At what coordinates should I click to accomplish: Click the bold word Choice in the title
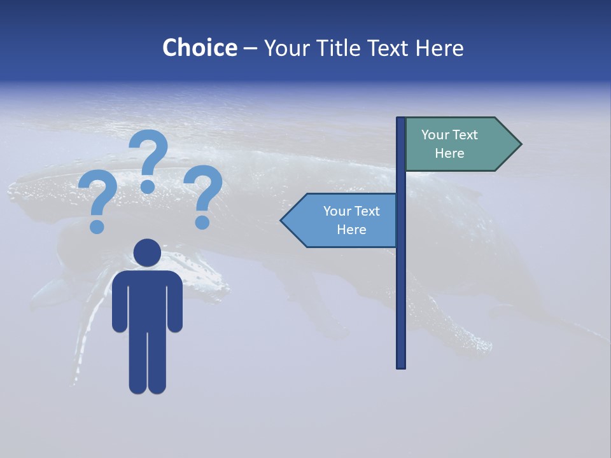coord(199,48)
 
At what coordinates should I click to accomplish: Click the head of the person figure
coord(147,253)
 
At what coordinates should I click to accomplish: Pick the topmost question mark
coord(149,156)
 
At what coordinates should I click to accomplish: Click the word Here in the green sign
coord(449,153)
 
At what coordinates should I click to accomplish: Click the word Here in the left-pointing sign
coord(351,230)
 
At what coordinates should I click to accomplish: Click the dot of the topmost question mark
coord(148,186)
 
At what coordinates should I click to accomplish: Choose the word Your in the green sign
coord(435,135)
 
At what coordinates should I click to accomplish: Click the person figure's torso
coord(147,299)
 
